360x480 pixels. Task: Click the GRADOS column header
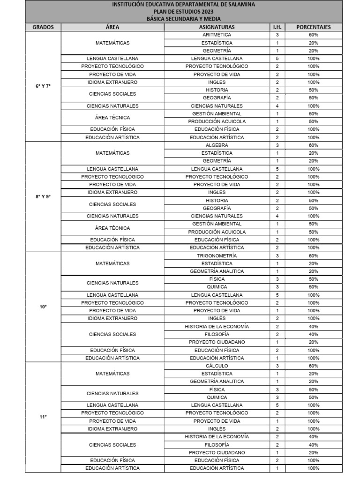[x=43, y=27]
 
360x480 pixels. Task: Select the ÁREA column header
[x=112, y=27]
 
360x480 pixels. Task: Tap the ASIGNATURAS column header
[x=217, y=27]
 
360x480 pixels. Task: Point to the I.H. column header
[x=277, y=27]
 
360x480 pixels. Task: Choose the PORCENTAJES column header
[x=313, y=27]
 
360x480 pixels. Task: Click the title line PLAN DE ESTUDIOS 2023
[x=183, y=12]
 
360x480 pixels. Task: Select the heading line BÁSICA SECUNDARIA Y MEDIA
[x=183, y=19]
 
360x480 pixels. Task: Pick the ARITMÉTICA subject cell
[x=217, y=35]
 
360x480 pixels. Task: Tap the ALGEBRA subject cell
[x=217, y=145]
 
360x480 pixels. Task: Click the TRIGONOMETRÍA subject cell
[x=217, y=255]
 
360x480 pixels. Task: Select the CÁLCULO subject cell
[x=217, y=366]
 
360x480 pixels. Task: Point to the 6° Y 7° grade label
[x=43, y=86]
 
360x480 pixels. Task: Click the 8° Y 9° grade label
[x=43, y=196]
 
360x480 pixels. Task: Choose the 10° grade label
[x=43, y=307]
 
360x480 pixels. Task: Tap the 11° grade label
[x=43, y=417]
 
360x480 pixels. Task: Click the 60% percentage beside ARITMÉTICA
[x=313, y=35]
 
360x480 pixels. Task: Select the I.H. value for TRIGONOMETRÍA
[x=277, y=255]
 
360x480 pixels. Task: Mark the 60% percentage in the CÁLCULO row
[x=313, y=366]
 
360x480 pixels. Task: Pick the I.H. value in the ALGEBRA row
[x=277, y=145]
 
